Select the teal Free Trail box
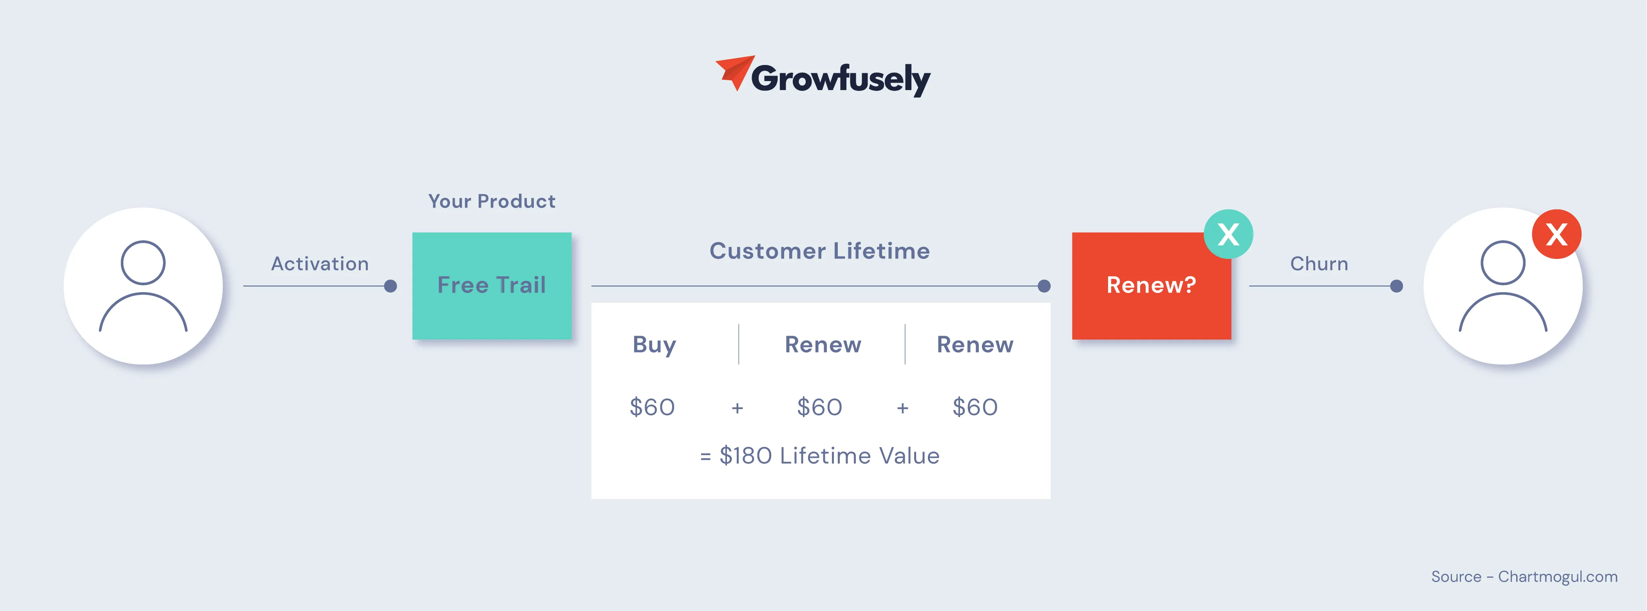pos(492,286)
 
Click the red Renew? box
pos(1152,286)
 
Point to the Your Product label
pos(492,201)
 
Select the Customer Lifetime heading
pos(820,251)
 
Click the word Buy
pos(654,345)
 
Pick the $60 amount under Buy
pos(652,407)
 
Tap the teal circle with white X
pos(1228,234)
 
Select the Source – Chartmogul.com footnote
pos(1524,577)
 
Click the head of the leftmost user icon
pos(143,263)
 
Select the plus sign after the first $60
pos(737,408)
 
